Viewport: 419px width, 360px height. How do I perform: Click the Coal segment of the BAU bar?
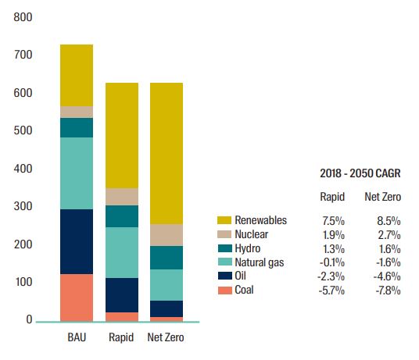point(77,298)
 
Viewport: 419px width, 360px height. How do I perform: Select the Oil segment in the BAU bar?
point(77,241)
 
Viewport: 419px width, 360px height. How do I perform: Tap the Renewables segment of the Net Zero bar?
point(166,153)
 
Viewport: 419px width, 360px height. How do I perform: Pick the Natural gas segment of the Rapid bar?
point(121,252)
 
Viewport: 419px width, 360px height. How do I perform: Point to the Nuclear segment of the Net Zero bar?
point(166,235)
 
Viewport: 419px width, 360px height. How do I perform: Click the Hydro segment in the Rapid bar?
point(121,216)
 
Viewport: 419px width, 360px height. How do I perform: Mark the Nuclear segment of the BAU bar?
point(77,112)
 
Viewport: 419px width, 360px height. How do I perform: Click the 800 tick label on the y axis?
point(23,16)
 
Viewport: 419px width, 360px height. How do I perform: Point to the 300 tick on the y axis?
point(23,206)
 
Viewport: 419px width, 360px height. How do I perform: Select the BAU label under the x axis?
point(77,339)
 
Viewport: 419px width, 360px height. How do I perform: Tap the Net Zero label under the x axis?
point(166,339)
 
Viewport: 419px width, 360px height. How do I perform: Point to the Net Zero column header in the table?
point(384,198)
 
